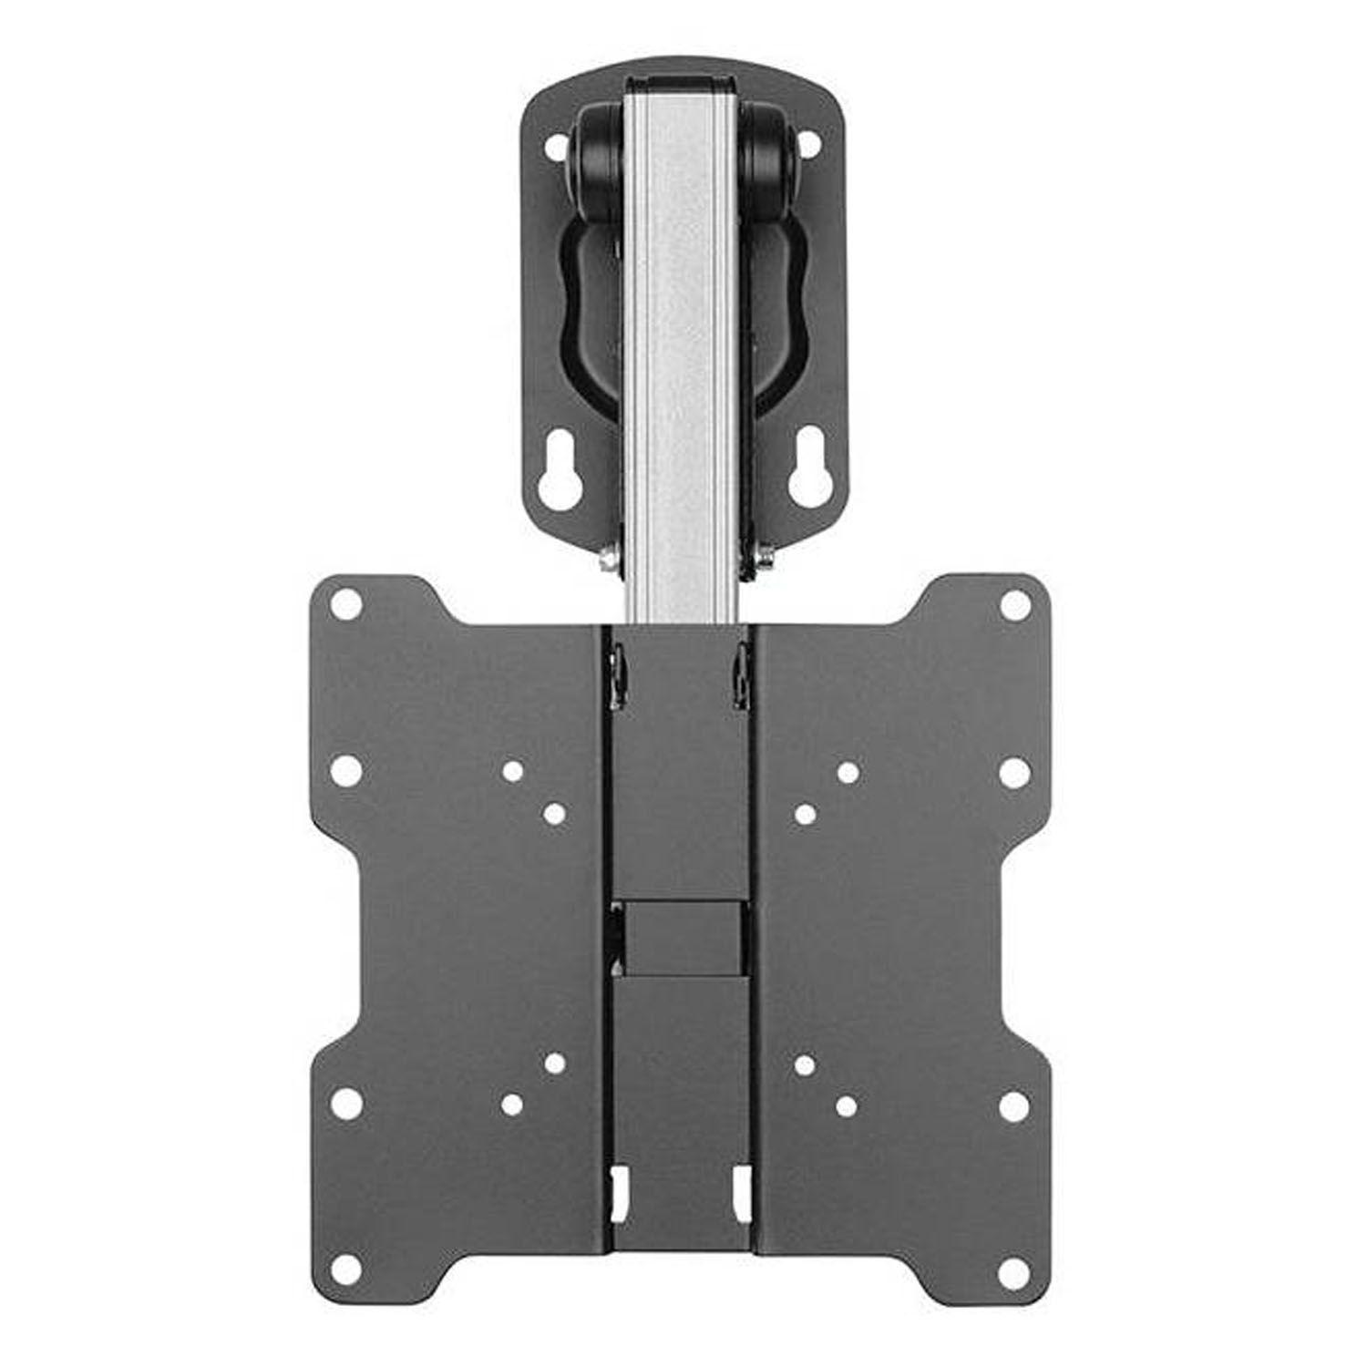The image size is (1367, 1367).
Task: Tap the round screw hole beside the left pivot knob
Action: (x=554, y=144)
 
